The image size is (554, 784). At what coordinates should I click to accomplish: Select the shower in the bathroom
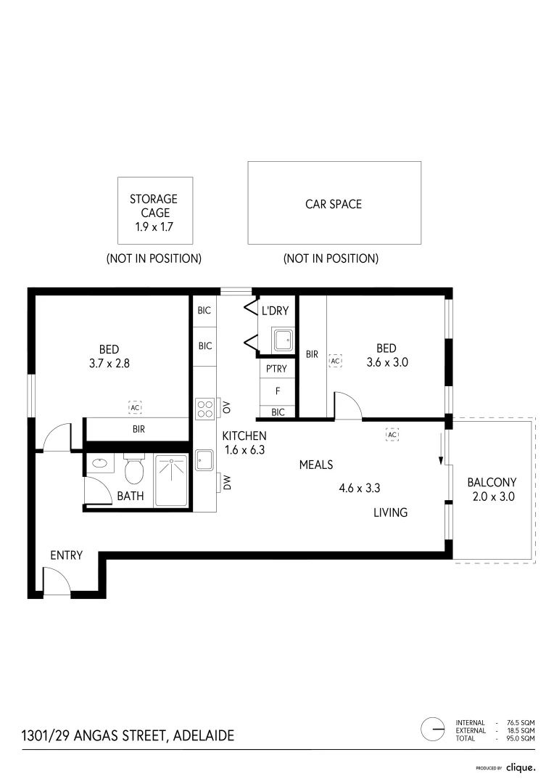tap(172, 480)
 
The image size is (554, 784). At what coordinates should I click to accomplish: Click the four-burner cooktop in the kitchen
tap(204, 409)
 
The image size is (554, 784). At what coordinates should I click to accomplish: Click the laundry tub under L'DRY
tap(282, 339)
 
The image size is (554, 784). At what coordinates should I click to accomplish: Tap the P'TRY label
tap(276, 369)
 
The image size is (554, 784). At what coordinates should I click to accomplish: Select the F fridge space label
tap(277, 391)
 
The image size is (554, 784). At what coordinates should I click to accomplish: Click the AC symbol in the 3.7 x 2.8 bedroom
tap(135, 407)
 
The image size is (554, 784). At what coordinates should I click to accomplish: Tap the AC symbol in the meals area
tap(392, 434)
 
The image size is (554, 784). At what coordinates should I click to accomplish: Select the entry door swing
tap(56, 581)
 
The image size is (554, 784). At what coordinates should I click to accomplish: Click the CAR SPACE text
tap(334, 204)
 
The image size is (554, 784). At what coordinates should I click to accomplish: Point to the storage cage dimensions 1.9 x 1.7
tap(154, 227)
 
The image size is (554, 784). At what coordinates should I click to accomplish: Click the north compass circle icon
tap(433, 729)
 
